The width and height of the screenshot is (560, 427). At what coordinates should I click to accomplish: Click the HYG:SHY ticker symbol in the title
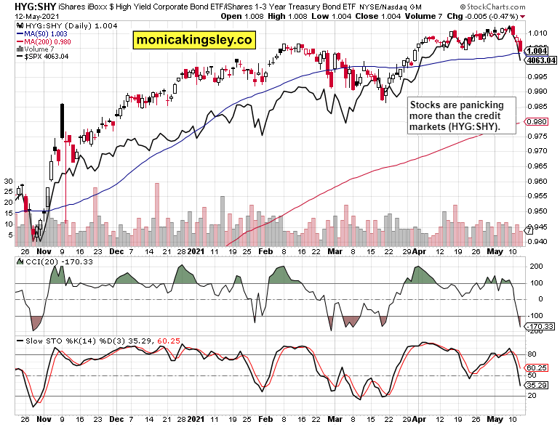27,6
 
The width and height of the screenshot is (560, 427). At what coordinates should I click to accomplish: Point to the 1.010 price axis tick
537,33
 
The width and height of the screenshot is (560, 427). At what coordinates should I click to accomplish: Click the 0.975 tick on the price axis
537,137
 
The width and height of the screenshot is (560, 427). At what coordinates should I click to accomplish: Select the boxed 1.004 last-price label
538,51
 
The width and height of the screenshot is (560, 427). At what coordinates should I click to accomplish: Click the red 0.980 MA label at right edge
537,122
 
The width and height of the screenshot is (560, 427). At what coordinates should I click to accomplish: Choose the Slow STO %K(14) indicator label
45,340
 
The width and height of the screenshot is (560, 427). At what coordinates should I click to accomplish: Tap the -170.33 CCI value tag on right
540,326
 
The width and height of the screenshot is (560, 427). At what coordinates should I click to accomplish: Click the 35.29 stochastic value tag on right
538,385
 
